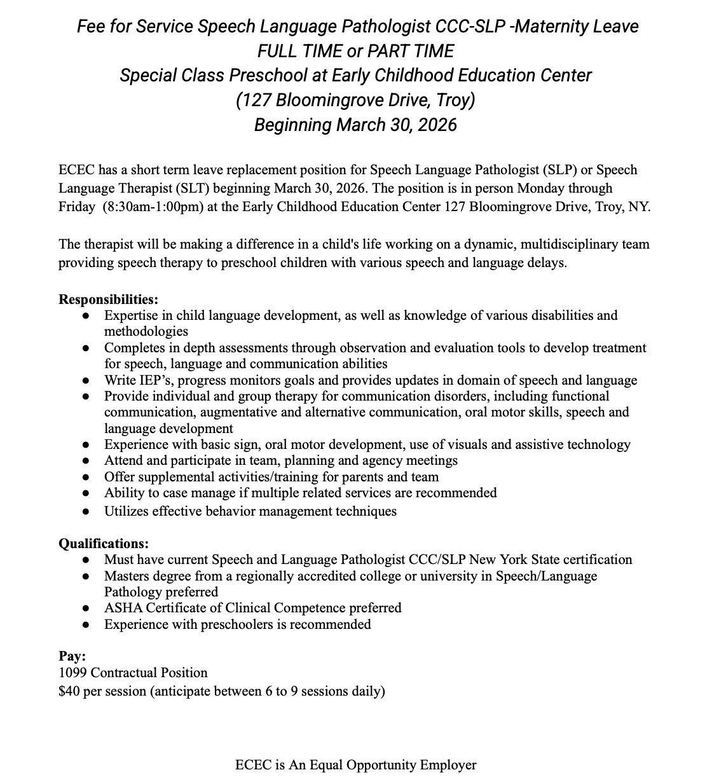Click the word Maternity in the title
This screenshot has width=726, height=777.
551,26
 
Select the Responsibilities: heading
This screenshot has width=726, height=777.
108,299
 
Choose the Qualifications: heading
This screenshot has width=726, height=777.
104,544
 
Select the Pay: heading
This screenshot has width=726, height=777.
72,656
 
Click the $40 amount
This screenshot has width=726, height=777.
68,691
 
